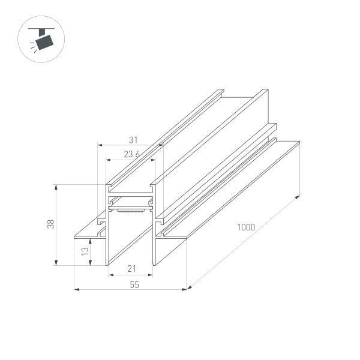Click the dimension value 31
click(x=133, y=139)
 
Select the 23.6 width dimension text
click(x=132, y=154)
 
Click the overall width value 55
click(x=133, y=285)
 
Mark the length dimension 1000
click(x=246, y=227)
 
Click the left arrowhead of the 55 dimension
click(x=76, y=290)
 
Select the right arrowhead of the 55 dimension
click(x=185, y=290)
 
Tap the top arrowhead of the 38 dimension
click(x=56, y=187)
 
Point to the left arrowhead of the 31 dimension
click(x=100, y=145)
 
